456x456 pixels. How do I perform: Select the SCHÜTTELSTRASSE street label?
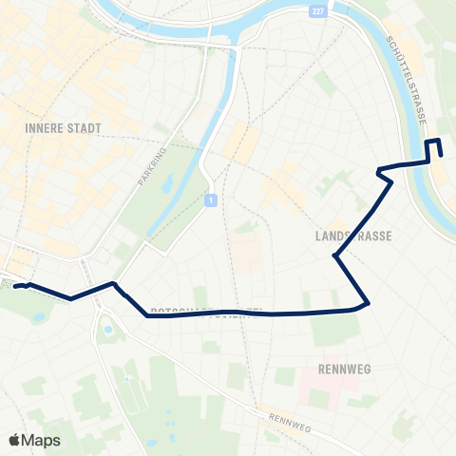pos(408,81)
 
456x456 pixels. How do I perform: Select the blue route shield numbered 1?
pos(210,199)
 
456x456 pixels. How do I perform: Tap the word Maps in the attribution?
pos(42,440)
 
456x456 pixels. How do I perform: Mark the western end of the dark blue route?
pos(15,285)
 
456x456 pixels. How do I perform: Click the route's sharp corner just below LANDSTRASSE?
pos(334,256)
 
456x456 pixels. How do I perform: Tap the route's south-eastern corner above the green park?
pos(367,303)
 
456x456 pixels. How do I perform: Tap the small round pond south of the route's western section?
pos(107,330)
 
